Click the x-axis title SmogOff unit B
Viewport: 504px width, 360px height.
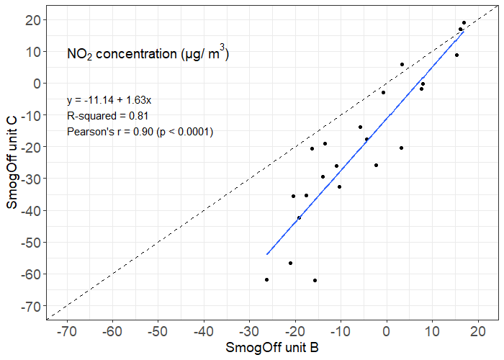272,348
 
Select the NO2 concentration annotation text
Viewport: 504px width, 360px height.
148,54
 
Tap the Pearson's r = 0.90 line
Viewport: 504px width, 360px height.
140,132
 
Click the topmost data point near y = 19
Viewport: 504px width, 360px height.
464,23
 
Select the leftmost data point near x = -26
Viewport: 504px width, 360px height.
266,279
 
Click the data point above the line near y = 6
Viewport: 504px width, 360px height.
402,64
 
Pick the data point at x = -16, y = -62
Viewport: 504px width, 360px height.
315,280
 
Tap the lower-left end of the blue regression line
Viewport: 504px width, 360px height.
267,254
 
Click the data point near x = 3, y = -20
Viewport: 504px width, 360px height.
401,148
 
